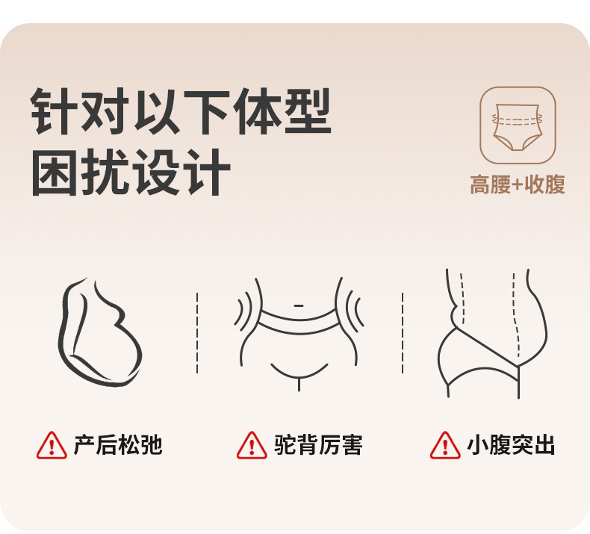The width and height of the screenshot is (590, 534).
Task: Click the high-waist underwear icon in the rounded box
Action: click(x=518, y=125)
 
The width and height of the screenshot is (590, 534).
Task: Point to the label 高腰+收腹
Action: click(x=518, y=184)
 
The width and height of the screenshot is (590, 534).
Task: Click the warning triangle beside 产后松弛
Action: click(x=52, y=445)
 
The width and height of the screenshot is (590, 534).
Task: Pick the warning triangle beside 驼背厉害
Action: click(x=252, y=445)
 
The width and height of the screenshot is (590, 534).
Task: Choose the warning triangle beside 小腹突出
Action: click(x=445, y=445)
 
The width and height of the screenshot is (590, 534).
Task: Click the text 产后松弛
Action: click(x=117, y=445)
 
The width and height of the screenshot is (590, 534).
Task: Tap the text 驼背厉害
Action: click(x=317, y=445)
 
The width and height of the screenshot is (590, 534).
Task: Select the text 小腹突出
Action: click(x=511, y=445)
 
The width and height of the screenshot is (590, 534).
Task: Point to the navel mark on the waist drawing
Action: click(x=299, y=305)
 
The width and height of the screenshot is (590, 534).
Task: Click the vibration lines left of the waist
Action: click(x=244, y=308)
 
